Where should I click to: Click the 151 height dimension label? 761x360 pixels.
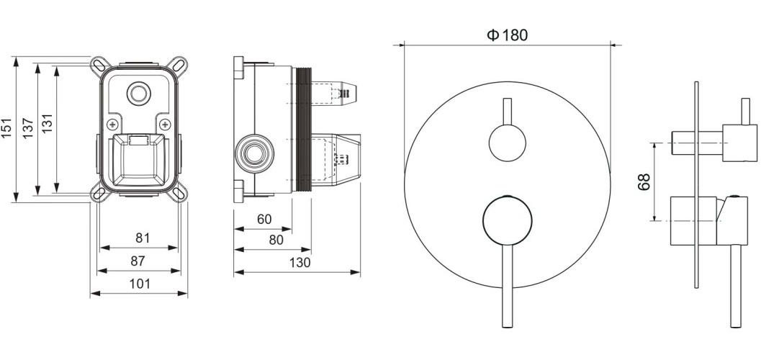tap(6, 129)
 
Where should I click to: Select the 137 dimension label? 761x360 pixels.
tap(28, 129)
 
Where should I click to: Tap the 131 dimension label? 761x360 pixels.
tap(47, 125)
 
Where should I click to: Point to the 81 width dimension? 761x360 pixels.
tap(143, 238)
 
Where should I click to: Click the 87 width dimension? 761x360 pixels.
tap(138, 261)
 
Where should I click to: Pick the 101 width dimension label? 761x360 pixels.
tap(140, 284)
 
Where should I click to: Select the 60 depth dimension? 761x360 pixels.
tap(264, 220)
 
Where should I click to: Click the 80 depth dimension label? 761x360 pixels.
tap(276, 240)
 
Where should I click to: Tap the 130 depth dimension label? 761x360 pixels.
tap(300, 263)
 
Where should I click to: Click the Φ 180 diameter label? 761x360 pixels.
tap(507, 35)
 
